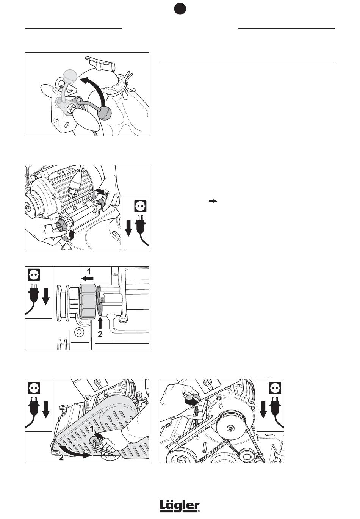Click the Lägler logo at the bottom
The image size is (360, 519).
point(180,506)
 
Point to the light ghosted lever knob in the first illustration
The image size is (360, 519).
point(70,75)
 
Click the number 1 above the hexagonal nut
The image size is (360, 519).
point(89,271)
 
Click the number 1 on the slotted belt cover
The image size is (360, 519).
point(92,428)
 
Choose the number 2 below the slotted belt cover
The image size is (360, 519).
point(61,457)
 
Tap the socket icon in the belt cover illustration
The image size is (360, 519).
point(34,387)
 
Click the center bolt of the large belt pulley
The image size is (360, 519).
point(231,428)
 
